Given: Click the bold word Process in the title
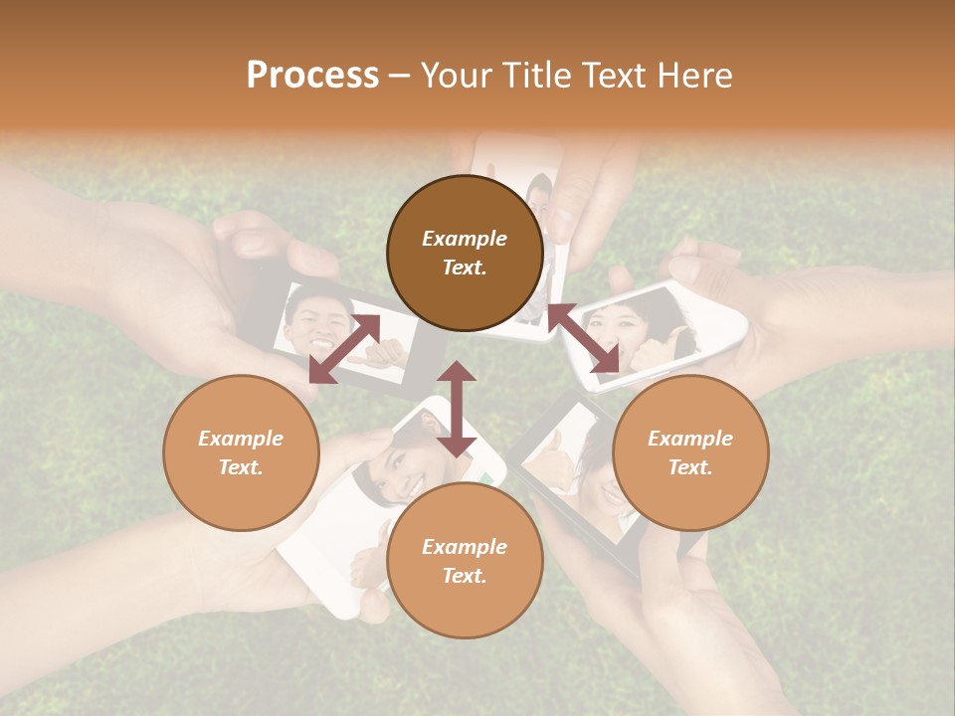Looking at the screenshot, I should (x=312, y=76).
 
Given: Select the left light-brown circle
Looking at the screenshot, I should (x=241, y=452).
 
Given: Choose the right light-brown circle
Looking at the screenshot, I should (x=689, y=452).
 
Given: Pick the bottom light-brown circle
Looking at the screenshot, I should (x=465, y=560).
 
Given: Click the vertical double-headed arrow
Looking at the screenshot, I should (x=457, y=410).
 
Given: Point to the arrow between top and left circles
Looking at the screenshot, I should (x=344, y=348).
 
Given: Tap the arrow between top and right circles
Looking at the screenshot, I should (x=583, y=338).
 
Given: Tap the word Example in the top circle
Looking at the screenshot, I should (x=465, y=239).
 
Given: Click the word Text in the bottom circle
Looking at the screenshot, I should (x=465, y=576).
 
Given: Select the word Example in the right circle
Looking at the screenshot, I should (x=689, y=439).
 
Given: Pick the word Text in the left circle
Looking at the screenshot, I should (x=241, y=467).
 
